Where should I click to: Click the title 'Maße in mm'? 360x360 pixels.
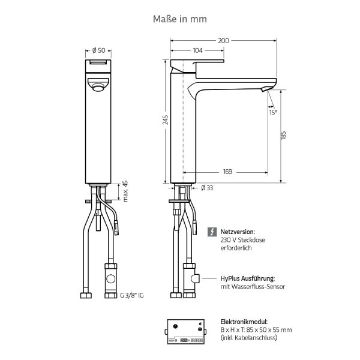180,19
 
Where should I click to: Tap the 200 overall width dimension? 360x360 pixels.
223,41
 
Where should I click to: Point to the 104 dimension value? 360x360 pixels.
197,50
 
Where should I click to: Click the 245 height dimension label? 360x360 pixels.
166,120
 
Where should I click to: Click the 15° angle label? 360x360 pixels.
273,112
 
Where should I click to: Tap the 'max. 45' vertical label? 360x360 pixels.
126,191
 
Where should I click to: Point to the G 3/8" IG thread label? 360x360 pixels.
134,295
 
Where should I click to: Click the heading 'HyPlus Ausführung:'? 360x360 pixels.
248,278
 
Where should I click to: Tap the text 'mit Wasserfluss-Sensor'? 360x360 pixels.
253,287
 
